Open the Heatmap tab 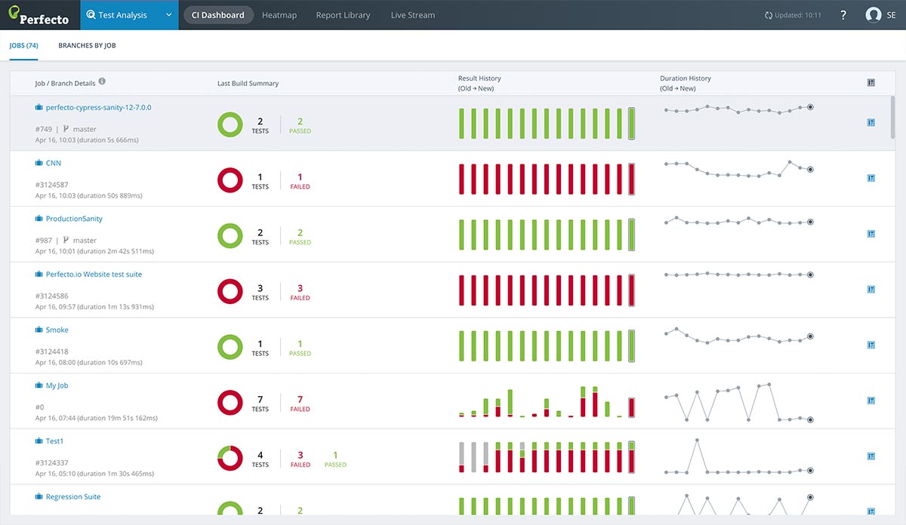click(x=280, y=15)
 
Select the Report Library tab click(x=343, y=15)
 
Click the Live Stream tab click(x=412, y=15)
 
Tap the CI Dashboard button click(x=218, y=15)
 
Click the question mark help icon click(x=843, y=15)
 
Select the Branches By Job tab click(x=87, y=46)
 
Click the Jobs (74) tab click(x=24, y=46)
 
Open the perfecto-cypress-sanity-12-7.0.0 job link click(x=98, y=108)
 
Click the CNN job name click(x=54, y=163)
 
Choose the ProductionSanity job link click(x=74, y=219)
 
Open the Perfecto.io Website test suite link click(x=94, y=275)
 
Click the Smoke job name click(x=57, y=330)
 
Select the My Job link click(x=57, y=385)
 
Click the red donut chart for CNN click(x=230, y=180)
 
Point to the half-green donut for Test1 click(x=230, y=458)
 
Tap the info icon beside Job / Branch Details click(x=102, y=82)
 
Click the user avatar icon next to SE click(x=874, y=15)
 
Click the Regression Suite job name click(x=73, y=497)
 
